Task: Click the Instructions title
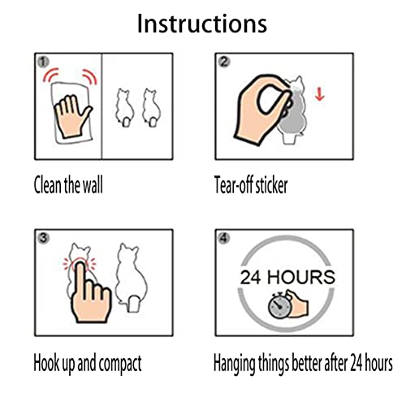click(202, 24)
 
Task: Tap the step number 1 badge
click(43, 62)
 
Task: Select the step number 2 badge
click(224, 62)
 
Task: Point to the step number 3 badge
click(43, 238)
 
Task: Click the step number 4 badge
click(224, 238)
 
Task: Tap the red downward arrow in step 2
click(320, 94)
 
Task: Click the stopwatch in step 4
click(279, 306)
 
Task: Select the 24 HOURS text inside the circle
click(287, 277)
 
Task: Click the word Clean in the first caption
click(47, 184)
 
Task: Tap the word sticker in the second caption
click(271, 185)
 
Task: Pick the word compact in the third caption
click(120, 364)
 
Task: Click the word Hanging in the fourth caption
click(235, 364)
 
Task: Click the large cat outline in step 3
click(132, 278)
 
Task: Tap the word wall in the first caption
click(93, 184)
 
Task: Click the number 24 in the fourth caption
click(356, 363)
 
